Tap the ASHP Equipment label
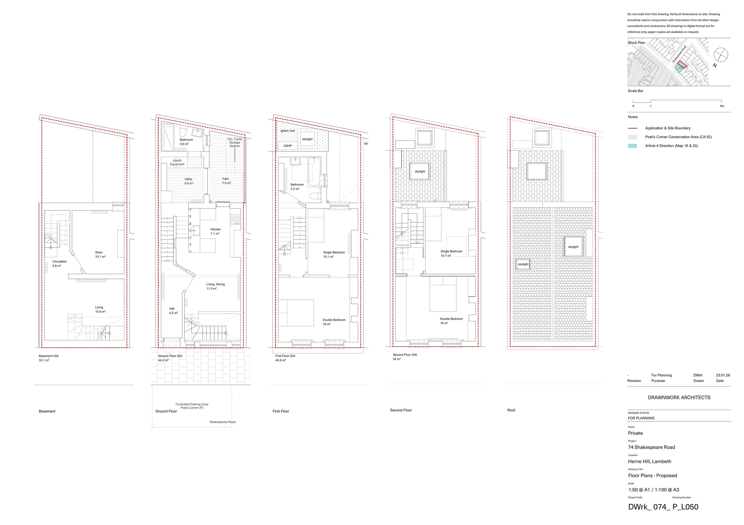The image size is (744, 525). click(x=177, y=163)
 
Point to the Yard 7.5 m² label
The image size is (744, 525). click(x=226, y=181)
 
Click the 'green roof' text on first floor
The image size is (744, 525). click(x=288, y=131)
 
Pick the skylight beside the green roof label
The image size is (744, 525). click(x=307, y=139)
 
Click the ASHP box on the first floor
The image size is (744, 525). click(x=288, y=146)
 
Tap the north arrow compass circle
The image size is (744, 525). click(x=721, y=55)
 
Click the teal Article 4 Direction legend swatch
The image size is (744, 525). click(x=632, y=146)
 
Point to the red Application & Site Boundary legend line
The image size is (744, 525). click(x=632, y=128)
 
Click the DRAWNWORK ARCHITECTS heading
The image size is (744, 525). click(x=679, y=397)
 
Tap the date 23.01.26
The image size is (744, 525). click(x=723, y=375)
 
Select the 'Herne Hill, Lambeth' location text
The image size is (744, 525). click(x=649, y=462)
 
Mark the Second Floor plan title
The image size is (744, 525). click(x=401, y=410)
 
